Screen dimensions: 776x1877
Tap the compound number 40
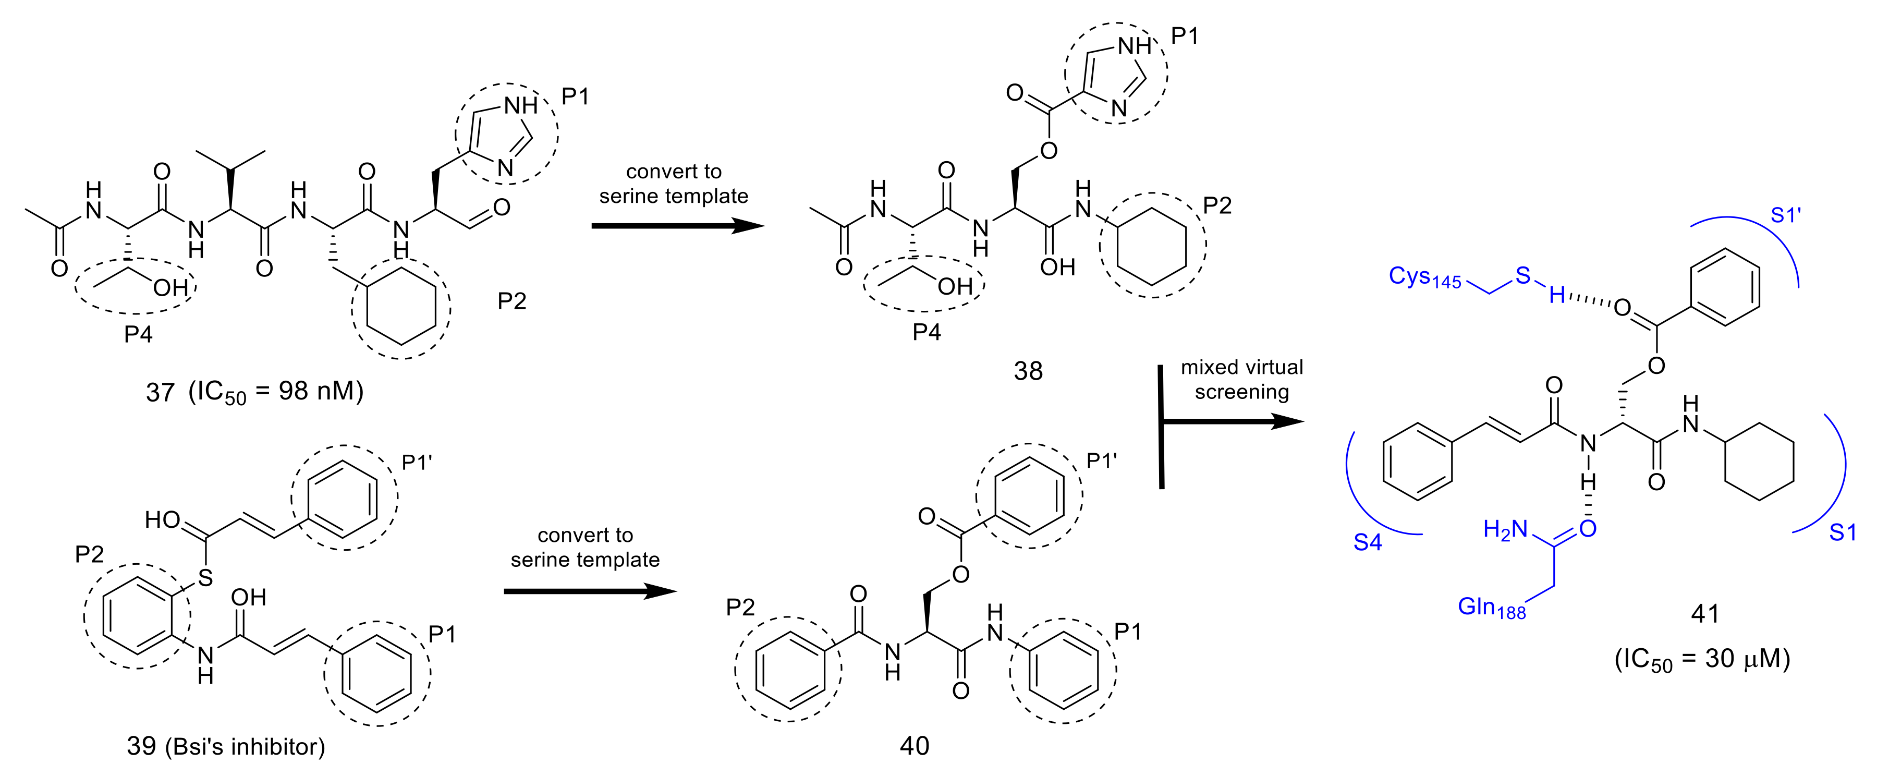pyautogui.click(x=915, y=745)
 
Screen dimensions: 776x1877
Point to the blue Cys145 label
pyautogui.click(x=1424, y=277)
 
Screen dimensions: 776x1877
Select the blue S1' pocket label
pyautogui.click(x=1785, y=216)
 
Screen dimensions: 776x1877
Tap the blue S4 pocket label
pyautogui.click(x=1367, y=542)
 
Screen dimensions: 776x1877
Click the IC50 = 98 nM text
pyautogui.click(x=275, y=392)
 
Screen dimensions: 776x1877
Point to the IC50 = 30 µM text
pyautogui.click(x=1702, y=659)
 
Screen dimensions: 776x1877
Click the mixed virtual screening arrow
pyautogui.click(x=1232, y=421)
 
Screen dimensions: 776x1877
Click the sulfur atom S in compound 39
pyautogui.click(x=205, y=578)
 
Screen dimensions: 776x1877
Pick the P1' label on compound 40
pyautogui.click(x=1101, y=461)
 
